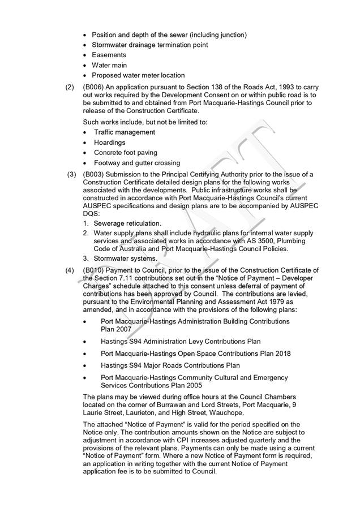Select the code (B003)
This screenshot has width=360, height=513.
[x=93, y=174]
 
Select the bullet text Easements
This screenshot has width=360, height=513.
[x=109, y=55]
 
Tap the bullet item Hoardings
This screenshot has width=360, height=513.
[x=109, y=143]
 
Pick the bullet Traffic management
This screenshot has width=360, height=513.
[x=124, y=132]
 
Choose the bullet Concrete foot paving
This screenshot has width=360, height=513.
[x=125, y=153]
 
